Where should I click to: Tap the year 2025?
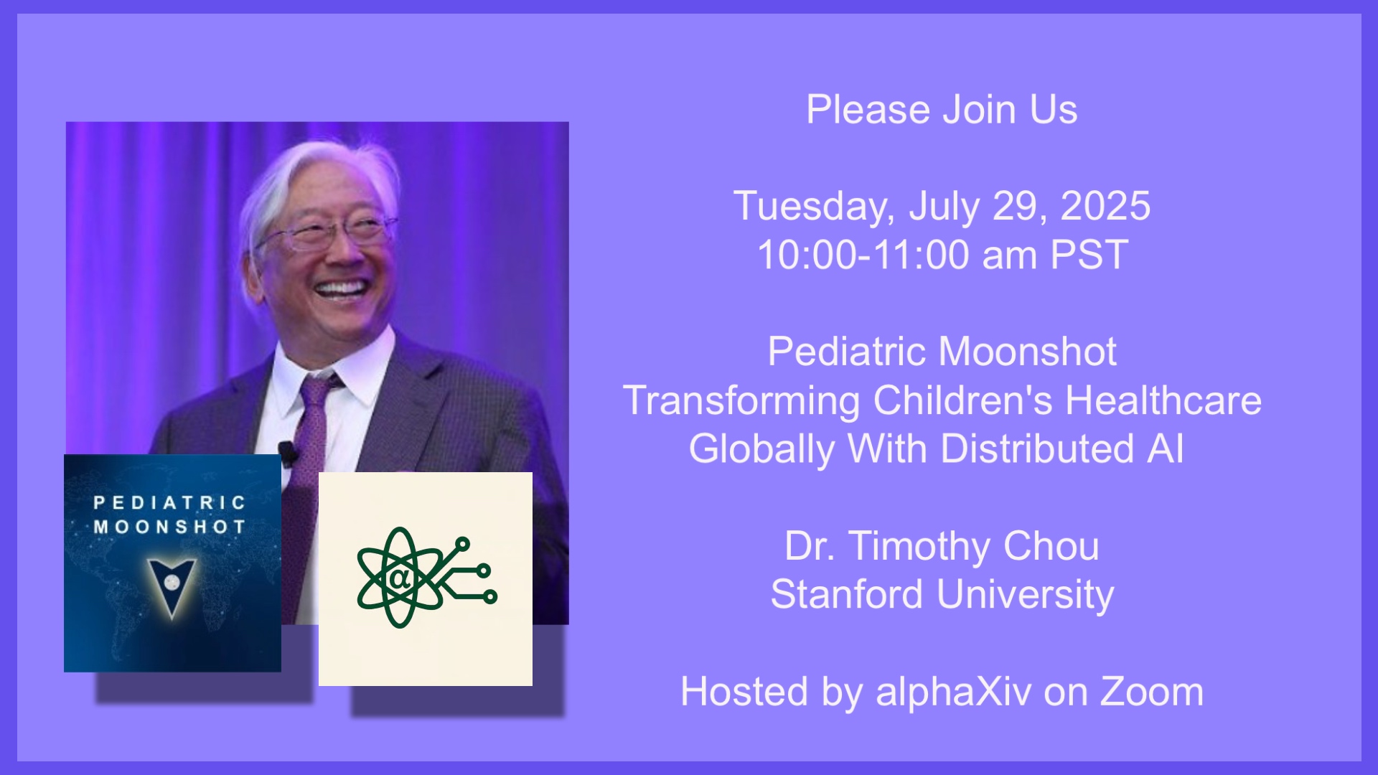pos(1105,206)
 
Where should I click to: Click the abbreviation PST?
pos(1089,255)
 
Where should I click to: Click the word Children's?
pos(962,400)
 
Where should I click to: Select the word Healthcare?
pos(1163,400)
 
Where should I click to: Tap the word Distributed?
pos(1037,448)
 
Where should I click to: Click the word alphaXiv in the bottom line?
pos(954,692)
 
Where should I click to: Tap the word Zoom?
pos(1152,692)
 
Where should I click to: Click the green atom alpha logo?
pos(426,578)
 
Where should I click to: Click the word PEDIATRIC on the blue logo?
pos(169,502)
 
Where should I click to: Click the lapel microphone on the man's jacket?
pos(288,453)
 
